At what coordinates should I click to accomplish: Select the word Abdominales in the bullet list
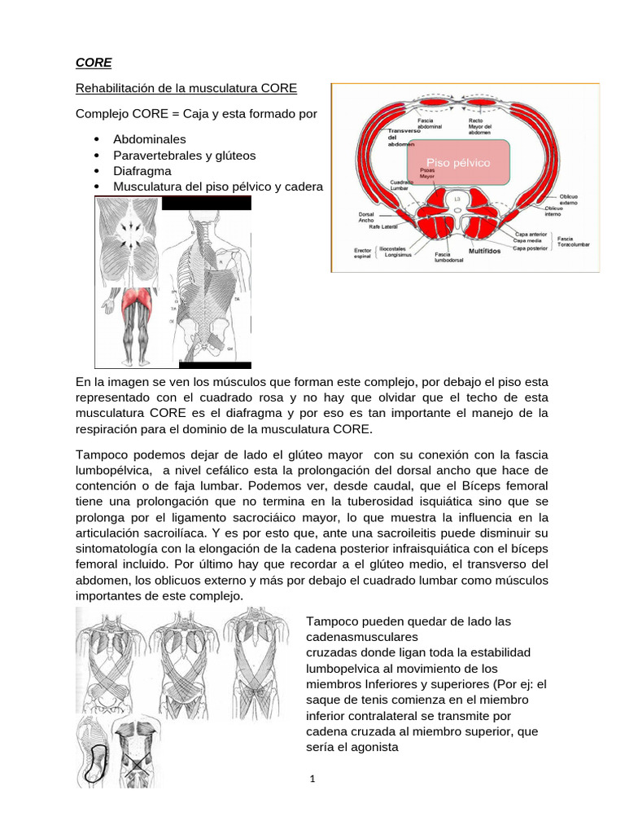150,139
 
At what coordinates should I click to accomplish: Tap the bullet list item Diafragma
142,171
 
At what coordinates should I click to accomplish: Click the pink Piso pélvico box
465,163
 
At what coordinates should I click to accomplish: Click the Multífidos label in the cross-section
483,251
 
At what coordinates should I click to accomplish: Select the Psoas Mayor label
427,172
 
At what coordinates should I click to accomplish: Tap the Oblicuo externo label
568,200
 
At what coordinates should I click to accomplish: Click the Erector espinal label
362,253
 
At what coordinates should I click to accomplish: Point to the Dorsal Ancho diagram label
365,217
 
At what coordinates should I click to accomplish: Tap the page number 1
312,779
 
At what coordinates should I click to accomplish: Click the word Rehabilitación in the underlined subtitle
117,88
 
